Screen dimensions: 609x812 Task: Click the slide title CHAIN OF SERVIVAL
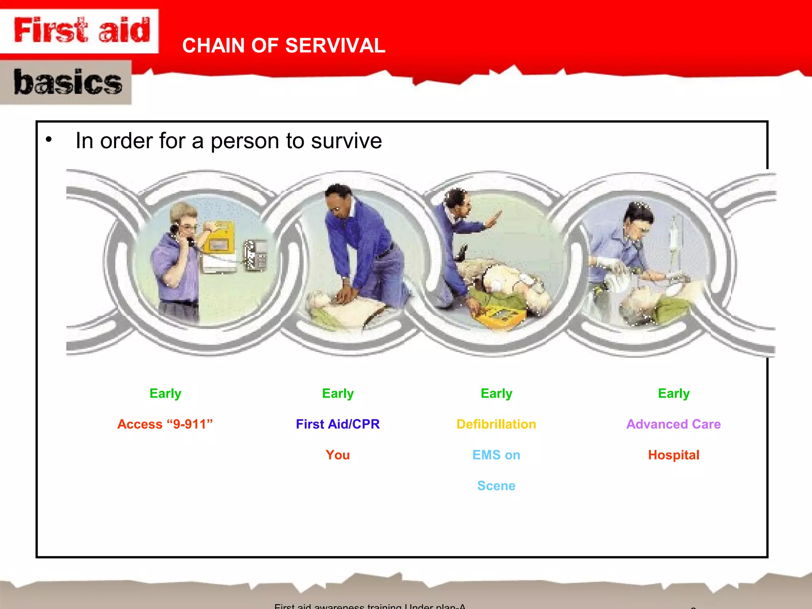coord(283,46)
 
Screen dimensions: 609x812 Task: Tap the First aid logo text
coord(82,30)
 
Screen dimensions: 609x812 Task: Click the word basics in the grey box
coord(67,82)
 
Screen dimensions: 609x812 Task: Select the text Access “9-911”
coord(165,424)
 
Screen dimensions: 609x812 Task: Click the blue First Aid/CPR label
coord(338,424)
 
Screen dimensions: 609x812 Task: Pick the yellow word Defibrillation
coord(496,424)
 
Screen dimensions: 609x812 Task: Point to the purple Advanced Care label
coord(673,424)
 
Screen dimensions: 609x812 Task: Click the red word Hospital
coord(673,455)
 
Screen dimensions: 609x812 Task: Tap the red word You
coord(338,455)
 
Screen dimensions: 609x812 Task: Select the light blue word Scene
coord(496,486)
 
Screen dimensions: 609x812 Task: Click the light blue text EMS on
coord(496,455)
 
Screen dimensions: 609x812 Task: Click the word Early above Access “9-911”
coord(165,393)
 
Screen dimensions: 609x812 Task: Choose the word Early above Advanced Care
coord(674,393)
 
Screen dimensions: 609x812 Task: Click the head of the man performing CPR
coord(338,200)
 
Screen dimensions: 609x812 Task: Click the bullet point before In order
coord(49,140)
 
